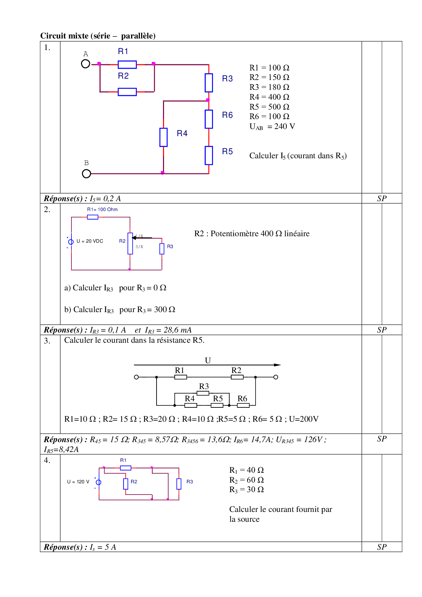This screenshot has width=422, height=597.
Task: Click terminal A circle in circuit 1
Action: tap(86, 64)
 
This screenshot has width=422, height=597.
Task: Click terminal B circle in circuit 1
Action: tap(86, 174)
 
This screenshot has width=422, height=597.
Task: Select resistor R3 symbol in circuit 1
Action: tap(209, 83)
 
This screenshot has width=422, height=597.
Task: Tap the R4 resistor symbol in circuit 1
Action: tap(163, 137)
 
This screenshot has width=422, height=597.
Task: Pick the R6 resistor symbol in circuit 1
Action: tap(209, 119)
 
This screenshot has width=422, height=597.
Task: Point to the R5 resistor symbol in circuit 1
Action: tap(209, 156)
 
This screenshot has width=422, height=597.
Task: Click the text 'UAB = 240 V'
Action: tap(272, 127)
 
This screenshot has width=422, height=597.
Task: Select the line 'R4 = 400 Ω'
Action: tap(269, 97)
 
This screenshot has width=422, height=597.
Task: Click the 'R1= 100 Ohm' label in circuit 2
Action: tap(102, 210)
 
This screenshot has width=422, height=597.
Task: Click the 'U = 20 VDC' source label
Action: tap(90, 241)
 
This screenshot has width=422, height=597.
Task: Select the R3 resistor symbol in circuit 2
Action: tap(162, 248)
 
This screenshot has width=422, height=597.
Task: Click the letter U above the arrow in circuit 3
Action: tap(208, 360)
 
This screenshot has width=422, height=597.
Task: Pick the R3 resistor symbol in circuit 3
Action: tap(203, 393)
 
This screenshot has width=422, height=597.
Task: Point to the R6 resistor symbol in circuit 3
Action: tap(243, 405)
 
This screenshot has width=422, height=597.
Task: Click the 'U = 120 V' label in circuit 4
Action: tap(78, 482)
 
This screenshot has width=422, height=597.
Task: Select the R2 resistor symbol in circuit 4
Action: tap(126, 484)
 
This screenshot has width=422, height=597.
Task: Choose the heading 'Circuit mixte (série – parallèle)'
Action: tap(98, 36)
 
